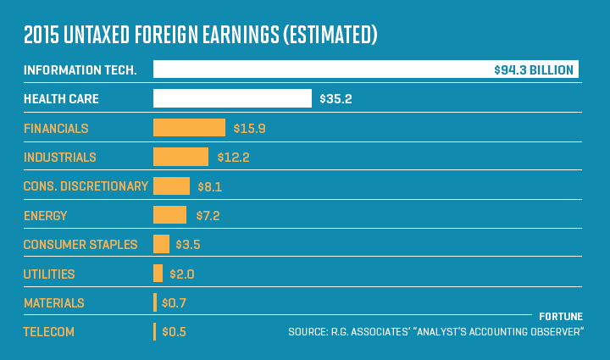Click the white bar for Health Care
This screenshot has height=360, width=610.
232,98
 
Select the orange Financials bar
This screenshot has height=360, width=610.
189,128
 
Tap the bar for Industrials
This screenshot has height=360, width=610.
180,157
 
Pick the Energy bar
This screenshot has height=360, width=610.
169,215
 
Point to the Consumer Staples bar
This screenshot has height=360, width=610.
161,244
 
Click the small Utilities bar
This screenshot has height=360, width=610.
158,274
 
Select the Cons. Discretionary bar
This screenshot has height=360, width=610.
171,186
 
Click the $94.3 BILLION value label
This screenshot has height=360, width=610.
534,69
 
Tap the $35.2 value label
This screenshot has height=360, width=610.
335,99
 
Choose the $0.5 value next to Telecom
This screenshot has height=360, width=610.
174,332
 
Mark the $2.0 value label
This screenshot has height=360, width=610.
183,274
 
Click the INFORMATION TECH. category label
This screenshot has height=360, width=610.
81,69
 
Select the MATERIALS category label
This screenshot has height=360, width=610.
54,303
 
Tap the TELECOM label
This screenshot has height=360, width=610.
49,332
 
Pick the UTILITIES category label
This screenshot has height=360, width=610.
49,274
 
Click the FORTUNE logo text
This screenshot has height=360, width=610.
561,316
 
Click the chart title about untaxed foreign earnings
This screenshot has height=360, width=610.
200,35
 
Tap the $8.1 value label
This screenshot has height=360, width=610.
208,186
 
